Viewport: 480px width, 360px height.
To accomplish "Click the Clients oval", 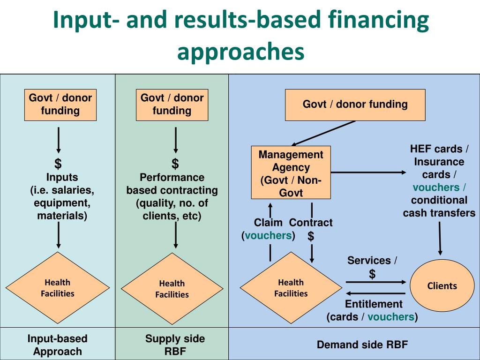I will point(442,286).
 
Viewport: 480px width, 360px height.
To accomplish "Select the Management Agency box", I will point(291,173).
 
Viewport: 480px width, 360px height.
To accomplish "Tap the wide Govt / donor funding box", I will point(355,105).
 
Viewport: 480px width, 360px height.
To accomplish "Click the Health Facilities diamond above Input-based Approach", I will point(58,288).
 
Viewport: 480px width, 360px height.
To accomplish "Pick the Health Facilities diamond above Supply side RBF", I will point(172,289).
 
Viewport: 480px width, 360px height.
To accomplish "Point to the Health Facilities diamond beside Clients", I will point(291,288).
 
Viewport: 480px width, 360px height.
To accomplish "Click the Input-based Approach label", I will point(58,345).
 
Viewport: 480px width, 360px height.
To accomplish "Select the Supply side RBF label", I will point(175,345).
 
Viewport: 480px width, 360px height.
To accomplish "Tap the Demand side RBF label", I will point(362,345).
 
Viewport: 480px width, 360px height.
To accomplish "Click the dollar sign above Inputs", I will point(58,164).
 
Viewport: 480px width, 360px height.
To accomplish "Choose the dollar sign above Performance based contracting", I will point(175,164).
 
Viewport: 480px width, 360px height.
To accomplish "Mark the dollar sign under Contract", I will point(311,236).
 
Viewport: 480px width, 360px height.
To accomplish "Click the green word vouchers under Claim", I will point(268,235).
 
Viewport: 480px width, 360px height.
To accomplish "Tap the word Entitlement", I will point(374,304).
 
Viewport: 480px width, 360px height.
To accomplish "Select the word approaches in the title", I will point(240,52).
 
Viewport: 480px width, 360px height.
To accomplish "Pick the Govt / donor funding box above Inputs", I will point(60,105).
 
